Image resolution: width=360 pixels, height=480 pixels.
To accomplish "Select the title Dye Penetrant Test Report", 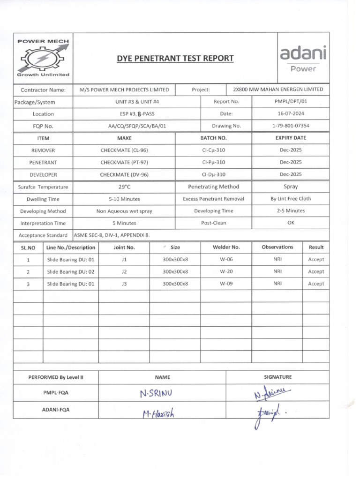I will pos(175,58).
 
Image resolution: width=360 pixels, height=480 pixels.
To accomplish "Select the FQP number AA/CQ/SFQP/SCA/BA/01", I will pos(137,126).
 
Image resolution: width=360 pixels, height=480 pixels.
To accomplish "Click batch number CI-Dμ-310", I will pos(213,174).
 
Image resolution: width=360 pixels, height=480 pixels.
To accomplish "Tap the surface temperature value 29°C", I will pos(124,187).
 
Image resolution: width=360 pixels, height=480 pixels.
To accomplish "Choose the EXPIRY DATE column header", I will pos(290,138).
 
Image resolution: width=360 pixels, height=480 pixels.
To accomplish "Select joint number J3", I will pos(124,284).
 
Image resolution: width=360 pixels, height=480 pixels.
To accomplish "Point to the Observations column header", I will pos(277,247).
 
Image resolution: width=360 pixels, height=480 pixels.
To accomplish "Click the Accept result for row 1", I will pos(315,259).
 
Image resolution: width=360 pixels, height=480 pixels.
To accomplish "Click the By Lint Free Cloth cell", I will pos(290,199).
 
